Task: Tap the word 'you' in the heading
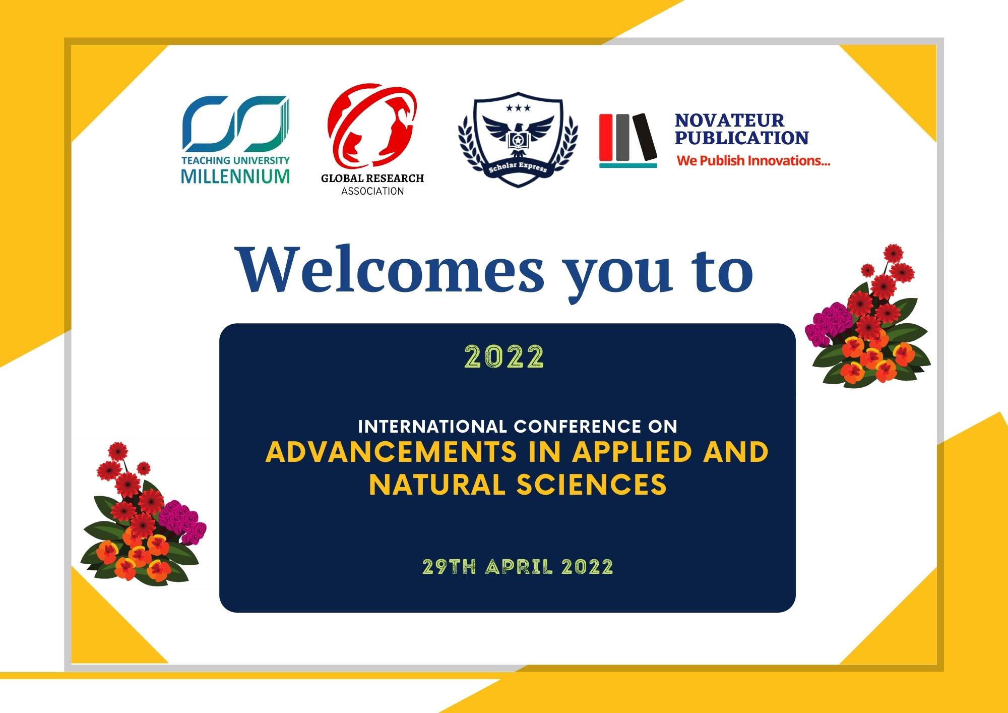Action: pyautogui.click(x=618, y=277)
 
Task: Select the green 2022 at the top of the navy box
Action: pyautogui.click(x=504, y=357)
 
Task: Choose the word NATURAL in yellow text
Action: pyautogui.click(x=437, y=484)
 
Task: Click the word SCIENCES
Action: pyautogui.click(x=591, y=484)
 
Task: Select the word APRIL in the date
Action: pyautogui.click(x=519, y=567)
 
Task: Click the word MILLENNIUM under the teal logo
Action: pyautogui.click(x=235, y=176)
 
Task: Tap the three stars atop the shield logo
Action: pyautogui.click(x=518, y=108)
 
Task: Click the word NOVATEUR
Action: pyautogui.click(x=729, y=120)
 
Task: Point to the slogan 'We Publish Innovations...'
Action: pyautogui.click(x=753, y=161)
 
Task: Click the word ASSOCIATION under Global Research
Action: pyautogui.click(x=372, y=191)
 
